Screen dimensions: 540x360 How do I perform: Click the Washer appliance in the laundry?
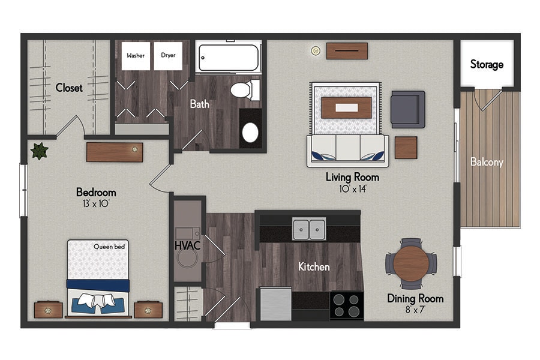coord(136,56)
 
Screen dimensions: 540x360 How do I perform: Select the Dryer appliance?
coord(168,56)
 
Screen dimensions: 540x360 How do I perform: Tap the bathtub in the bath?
coord(229,58)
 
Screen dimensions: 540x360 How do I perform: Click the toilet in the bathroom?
coord(245,90)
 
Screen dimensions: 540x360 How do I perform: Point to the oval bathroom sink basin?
coord(250,133)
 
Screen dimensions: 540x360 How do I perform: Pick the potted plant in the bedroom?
coord(39,151)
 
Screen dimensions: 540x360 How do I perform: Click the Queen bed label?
coord(109,247)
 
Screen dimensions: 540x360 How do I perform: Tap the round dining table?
coord(411,263)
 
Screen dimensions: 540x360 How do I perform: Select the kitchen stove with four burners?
coord(346,305)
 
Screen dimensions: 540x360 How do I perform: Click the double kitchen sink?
coord(309,229)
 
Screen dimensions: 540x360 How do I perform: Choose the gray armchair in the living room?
coord(408,110)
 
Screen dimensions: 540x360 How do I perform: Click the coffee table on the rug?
coord(346,108)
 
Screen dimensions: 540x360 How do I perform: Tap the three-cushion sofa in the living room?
coord(348,151)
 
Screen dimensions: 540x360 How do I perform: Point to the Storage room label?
coord(487,64)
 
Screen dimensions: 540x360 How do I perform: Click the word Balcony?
coord(487,162)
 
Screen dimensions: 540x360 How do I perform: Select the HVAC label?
coord(187,245)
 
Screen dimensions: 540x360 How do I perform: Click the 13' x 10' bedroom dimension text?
coord(96,203)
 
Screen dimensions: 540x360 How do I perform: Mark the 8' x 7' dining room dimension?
coord(415,310)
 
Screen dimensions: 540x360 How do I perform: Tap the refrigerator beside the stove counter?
coord(275,304)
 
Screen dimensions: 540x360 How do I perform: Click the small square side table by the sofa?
coord(406,148)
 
